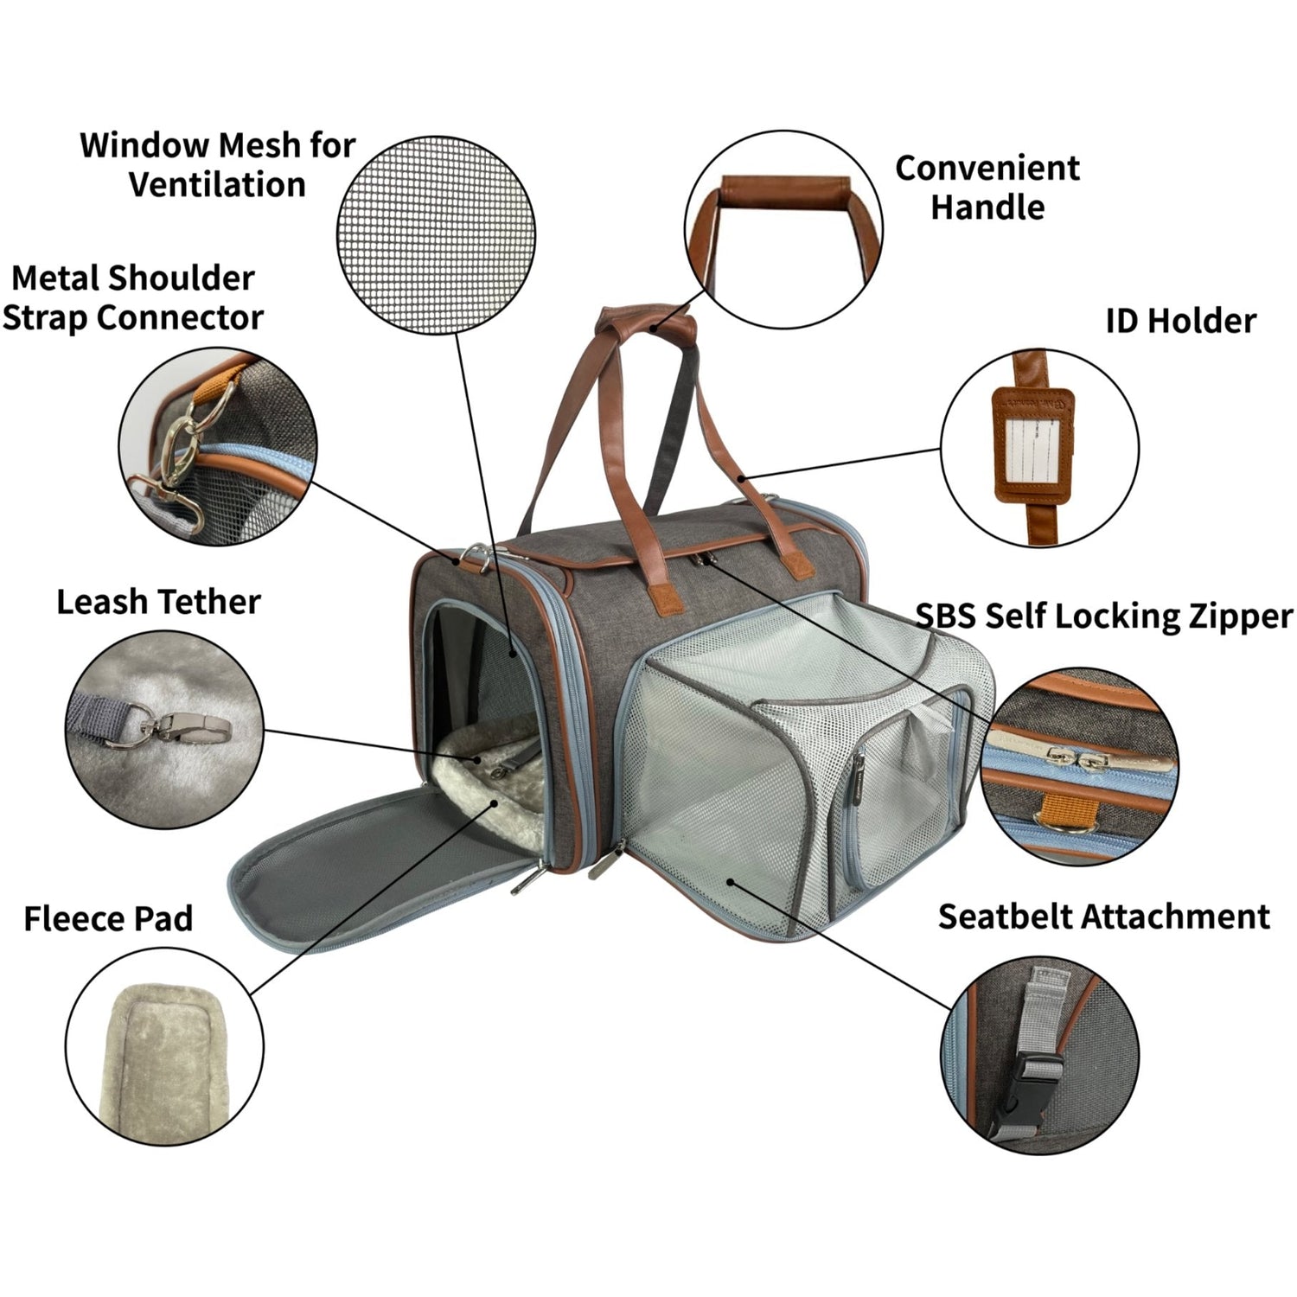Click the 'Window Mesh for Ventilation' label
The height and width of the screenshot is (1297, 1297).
pyautogui.click(x=218, y=164)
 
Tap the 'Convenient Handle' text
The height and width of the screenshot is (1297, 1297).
pyautogui.click(x=987, y=188)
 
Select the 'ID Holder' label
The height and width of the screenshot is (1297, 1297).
pyautogui.click(x=1180, y=321)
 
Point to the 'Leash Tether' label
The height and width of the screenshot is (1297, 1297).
pyautogui.click(x=158, y=602)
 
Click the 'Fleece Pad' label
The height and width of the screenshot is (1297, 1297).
pyautogui.click(x=108, y=918)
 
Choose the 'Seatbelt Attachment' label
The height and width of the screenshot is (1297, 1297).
pyautogui.click(x=1104, y=917)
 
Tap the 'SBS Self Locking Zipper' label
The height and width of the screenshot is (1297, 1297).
pyautogui.click(x=1104, y=617)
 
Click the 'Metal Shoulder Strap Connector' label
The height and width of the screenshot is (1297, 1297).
pyautogui.click(x=132, y=297)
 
